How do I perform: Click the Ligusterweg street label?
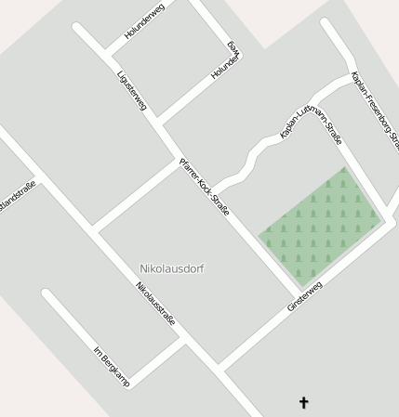(x=132, y=90)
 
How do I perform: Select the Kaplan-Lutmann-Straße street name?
(x=311, y=120)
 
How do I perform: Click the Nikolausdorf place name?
(x=171, y=268)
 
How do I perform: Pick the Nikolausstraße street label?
(x=156, y=303)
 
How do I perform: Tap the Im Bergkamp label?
(x=111, y=366)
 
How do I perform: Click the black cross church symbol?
(x=302, y=402)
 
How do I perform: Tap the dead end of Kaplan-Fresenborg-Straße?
(x=326, y=22)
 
